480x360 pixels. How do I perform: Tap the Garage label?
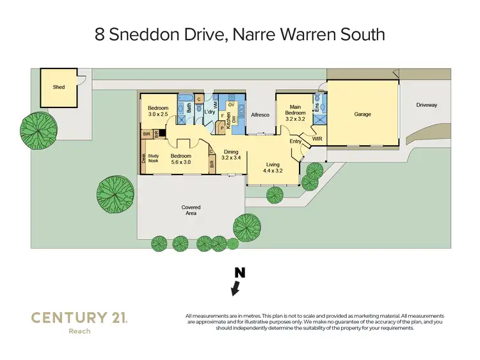[x=362, y=114]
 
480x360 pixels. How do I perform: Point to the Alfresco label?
[x=259, y=114]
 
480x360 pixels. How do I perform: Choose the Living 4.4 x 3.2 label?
[x=274, y=168]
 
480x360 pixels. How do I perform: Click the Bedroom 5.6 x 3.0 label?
[x=181, y=159]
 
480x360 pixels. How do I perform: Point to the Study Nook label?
[x=154, y=158]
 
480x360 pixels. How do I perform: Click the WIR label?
[x=317, y=138]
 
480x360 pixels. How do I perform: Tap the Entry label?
[x=295, y=141]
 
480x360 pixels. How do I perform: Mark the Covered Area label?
[x=191, y=210]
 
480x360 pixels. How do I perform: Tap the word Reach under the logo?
[x=79, y=331]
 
